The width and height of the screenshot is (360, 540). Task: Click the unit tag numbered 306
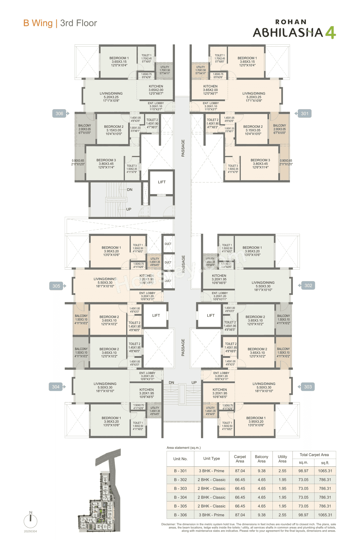coord(59,114)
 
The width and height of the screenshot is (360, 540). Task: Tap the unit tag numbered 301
coord(305,114)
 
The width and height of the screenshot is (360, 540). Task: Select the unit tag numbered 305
coord(56,286)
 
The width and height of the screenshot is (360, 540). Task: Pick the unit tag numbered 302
coord(308,285)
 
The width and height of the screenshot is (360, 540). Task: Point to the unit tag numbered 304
coord(56,387)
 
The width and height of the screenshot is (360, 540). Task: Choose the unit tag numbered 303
coord(308,387)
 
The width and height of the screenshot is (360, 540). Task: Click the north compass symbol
coord(30,521)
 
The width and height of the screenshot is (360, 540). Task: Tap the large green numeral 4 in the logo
coord(331,33)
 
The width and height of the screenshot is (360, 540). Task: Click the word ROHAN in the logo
coord(291,22)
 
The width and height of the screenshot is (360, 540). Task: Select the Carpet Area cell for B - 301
coord(240,471)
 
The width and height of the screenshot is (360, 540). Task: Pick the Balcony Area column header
coord(262,459)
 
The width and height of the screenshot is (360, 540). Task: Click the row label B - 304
coord(180,497)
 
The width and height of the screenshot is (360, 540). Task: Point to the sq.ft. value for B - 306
coord(325,515)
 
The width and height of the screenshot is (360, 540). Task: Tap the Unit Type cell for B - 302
coord(211,480)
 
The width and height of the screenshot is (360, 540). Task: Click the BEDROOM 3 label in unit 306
coord(106,160)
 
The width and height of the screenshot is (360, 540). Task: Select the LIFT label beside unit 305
coord(156,316)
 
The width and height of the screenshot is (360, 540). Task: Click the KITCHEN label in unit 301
coord(210,86)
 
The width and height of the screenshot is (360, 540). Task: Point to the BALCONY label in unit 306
coord(85,126)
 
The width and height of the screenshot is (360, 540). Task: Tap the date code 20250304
coord(30,531)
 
